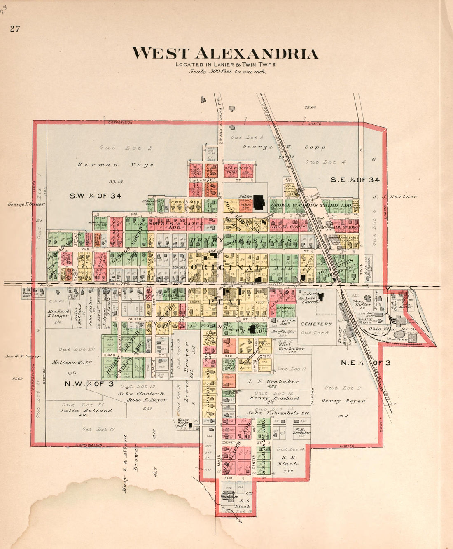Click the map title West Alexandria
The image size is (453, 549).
point(225,54)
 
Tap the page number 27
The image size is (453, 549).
point(15,29)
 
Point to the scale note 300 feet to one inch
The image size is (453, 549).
point(227,71)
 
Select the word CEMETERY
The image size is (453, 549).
point(316,324)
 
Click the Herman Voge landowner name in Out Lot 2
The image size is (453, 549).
point(115,165)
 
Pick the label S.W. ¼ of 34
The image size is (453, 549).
point(95,196)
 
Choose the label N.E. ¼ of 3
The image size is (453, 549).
point(365,363)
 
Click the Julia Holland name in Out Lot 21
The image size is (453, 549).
point(86,410)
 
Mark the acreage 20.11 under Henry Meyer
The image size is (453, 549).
point(343,416)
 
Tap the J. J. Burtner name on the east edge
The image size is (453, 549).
point(395,196)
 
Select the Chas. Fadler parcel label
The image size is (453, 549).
point(362,303)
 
